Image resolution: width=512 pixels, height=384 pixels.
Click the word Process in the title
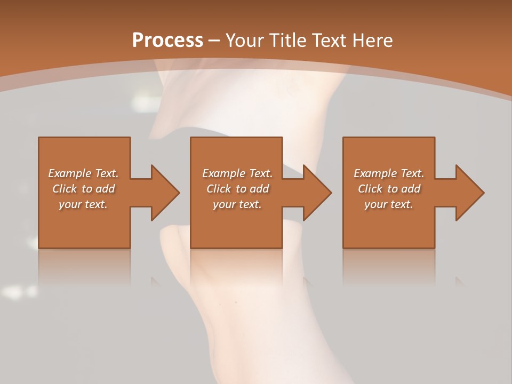(x=167, y=41)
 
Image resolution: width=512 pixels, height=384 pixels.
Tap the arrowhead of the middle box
(x=317, y=193)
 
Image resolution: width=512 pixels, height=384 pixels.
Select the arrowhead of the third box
(x=469, y=193)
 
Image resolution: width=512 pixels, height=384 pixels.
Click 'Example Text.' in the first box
(x=83, y=173)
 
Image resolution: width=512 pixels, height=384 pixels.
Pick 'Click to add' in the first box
(x=83, y=189)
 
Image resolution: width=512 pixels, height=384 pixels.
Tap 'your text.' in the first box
(x=83, y=204)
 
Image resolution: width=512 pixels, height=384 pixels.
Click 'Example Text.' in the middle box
(x=237, y=173)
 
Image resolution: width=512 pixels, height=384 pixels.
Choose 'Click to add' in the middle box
(x=237, y=189)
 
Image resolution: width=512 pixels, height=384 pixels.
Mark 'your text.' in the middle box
(x=237, y=204)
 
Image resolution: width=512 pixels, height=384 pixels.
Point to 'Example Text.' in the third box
(x=389, y=173)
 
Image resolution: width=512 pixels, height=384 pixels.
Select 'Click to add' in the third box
(x=389, y=189)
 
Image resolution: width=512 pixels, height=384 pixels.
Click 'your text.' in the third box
(x=389, y=204)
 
